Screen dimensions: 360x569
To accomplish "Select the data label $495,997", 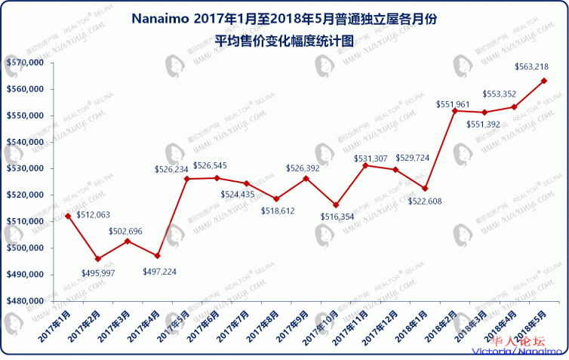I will tap(97, 272).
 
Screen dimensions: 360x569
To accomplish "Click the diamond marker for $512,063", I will tap(68, 216).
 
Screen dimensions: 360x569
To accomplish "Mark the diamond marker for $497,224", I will tap(157, 256).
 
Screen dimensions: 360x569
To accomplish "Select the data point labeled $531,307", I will tap(365, 165).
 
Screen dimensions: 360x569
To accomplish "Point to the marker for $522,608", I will tap(426, 189).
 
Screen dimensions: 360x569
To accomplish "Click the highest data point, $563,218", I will tap(544, 81).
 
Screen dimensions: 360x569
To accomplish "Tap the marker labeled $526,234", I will tap(186, 179).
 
